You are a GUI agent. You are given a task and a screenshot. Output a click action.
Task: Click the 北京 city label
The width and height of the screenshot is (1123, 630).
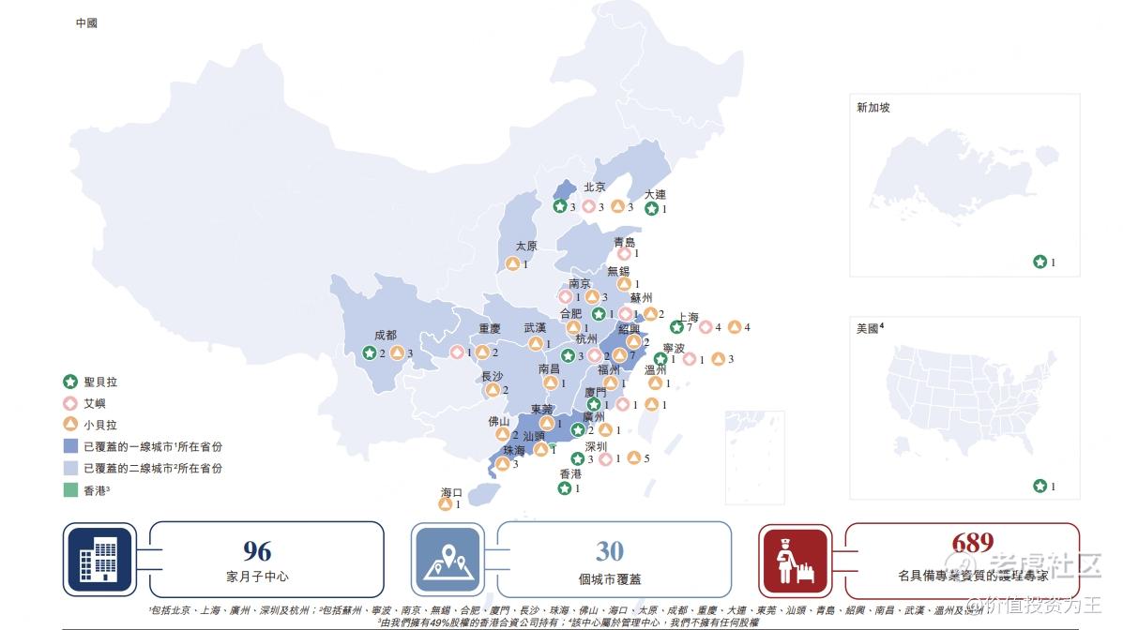click(x=595, y=187)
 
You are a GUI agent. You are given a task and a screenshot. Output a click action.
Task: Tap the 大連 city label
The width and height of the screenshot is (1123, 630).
click(x=655, y=195)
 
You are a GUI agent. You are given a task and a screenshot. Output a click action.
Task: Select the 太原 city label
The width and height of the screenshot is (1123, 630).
click(x=526, y=247)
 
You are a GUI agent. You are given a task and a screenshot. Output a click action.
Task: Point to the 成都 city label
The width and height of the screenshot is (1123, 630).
click(x=385, y=336)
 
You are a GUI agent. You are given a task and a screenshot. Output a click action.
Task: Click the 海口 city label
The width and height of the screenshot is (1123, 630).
click(x=452, y=492)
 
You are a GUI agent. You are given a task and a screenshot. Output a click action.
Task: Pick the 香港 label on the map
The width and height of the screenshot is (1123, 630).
click(x=570, y=474)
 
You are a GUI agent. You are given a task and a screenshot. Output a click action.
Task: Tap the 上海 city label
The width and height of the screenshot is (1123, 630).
click(x=688, y=318)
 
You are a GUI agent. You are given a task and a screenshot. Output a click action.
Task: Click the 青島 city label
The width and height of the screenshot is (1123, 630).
click(x=625, y=242)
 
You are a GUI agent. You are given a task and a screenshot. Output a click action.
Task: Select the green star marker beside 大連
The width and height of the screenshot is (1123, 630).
click(x=651, y=209)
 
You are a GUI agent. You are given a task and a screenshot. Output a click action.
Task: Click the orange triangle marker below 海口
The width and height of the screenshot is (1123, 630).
click(x=445, y=504)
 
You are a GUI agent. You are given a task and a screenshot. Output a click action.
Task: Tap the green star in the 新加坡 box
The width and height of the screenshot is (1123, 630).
click(x=1040, y=262)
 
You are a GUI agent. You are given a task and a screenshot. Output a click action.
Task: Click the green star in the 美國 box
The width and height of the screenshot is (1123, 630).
click(x=1040, y=486)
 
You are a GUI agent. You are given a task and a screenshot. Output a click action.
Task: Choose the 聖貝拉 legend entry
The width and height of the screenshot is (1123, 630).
click(x=91, y=382)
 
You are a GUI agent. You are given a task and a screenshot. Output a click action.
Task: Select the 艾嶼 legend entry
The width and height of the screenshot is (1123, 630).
click(x=86, y=403)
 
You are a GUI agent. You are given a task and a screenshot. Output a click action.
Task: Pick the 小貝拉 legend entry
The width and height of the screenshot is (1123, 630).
click(x=91, y=425)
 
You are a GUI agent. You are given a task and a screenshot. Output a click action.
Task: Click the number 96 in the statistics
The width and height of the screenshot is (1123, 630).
click(x=257, y=549)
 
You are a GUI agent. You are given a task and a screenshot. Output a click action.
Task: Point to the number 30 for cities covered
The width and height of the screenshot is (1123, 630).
click(x=610, y=549)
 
